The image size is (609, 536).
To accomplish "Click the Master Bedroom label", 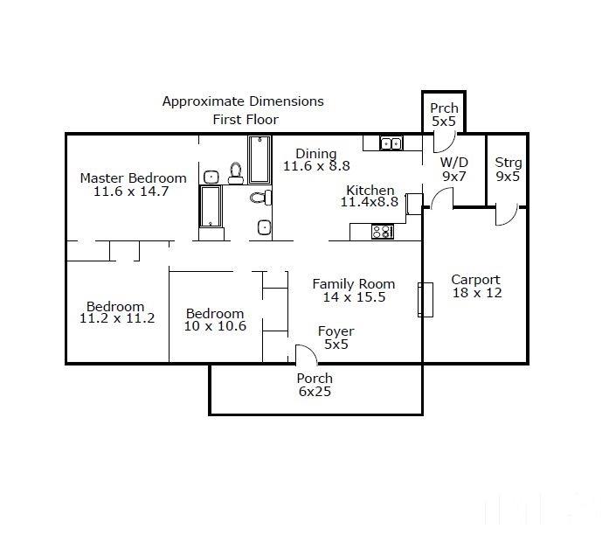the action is tap(133, 178).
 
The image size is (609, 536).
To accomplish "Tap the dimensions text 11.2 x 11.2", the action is tap(117, 318).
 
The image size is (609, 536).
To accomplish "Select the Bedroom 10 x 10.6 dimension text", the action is tap(215, 326).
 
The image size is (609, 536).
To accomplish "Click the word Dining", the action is tap(315, 154).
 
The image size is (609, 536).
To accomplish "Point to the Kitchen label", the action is tap(370, 190).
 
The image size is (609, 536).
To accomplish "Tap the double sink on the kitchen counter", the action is tap(391, 143).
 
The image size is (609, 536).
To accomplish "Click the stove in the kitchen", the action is tap(383, 232).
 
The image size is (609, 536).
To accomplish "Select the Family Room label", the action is tap(354, 284).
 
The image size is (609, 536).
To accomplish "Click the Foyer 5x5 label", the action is tap(336, 338).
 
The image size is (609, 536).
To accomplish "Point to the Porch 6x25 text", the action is tap(315, 385).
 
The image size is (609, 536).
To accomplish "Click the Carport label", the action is tap(476, 280).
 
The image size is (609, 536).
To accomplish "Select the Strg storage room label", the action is tap(508, 163).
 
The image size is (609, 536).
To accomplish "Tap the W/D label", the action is tap(454, 162).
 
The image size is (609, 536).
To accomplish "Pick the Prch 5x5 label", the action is tap(444, 115).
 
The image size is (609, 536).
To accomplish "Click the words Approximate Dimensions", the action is tap(243, 101).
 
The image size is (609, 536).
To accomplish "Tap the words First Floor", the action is tap(246, 120).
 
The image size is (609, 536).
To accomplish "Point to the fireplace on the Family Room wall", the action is tap(426, 300).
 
